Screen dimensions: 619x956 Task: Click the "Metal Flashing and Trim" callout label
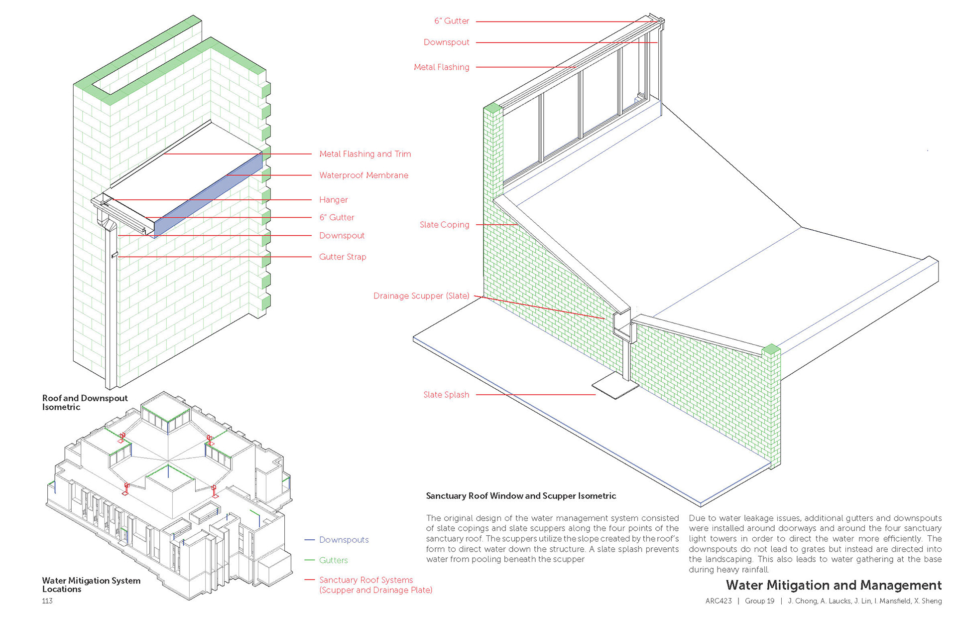[x=365, y=154]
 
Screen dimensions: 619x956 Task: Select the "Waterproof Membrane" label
[x=363, y=175]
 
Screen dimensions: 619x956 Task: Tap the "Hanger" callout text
[x=333, y=200]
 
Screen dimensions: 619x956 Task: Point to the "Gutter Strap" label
[x=343, y=257]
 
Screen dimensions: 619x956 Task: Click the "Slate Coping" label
[x=444, y=225]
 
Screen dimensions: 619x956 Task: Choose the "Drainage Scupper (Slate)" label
[x=421, y=296]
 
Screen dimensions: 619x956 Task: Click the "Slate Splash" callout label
[x=446, y=395]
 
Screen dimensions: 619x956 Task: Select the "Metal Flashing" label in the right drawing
[x=441, y=67]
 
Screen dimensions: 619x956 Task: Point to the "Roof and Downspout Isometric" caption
[x=85, y=403]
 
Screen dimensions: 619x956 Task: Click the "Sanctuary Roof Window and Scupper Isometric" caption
[x=521, y=496]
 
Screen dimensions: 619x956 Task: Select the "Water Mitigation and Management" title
[x=834, y=585]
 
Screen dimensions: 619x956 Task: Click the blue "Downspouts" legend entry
[x=344, y=540]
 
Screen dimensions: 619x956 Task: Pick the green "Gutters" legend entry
[x=333, y=560]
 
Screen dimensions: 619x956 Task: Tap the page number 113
[x=47, y=601]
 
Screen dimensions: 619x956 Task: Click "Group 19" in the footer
[x=759, y=601]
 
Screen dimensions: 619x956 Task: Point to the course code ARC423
[x=718, y=601]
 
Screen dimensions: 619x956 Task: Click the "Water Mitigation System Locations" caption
[x=91, y=585]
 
